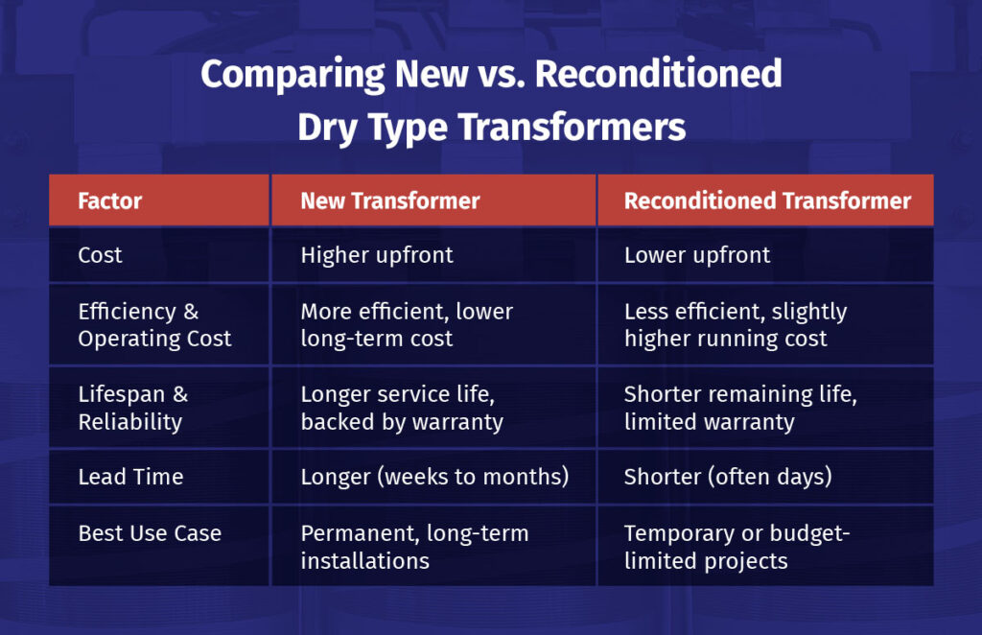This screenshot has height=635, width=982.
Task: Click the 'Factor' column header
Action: point(109,200)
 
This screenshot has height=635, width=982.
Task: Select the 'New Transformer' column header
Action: point(389,200)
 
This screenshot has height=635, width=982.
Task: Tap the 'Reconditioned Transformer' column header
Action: point(767,200)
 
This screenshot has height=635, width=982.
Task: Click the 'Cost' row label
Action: point(101,255)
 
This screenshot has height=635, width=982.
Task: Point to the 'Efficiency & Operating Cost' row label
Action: point(154,325)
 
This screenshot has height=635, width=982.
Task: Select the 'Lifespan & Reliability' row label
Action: point(133,409)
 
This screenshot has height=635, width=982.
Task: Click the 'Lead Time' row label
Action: point(130,477)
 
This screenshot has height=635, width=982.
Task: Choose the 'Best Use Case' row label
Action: point(150,533)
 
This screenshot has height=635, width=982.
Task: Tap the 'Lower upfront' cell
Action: point(697,255)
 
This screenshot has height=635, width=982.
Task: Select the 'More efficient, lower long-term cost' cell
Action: point(407,325)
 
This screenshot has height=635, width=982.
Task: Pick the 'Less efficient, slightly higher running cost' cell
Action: point(736,325)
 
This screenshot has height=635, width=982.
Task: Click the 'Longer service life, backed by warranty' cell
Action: point(402,409)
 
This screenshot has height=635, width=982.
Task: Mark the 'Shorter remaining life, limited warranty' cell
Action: point(735,409)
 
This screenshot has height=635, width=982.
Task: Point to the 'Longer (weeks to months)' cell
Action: point(434,477)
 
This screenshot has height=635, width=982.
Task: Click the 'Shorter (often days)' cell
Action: point(728,477)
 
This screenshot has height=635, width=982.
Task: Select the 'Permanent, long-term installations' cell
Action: point(414,547)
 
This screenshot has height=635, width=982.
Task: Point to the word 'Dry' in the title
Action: point(332,128)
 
